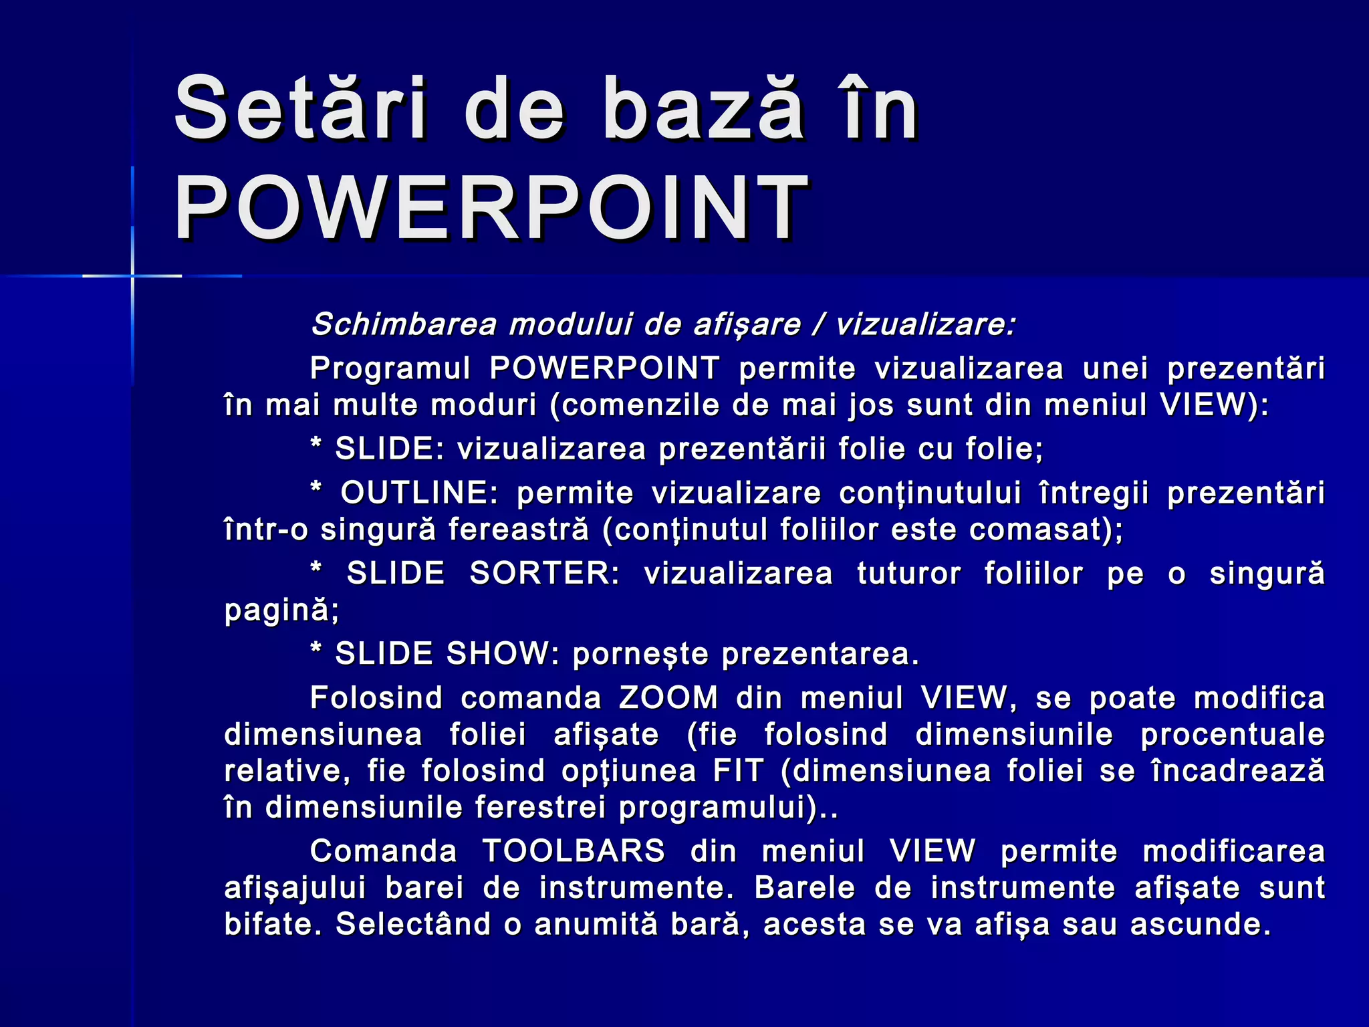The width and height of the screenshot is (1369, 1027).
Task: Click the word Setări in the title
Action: tap(300, 108)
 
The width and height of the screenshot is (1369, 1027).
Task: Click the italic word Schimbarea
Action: tap(404, 325)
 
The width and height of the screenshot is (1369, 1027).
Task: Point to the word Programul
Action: tap(390, 368)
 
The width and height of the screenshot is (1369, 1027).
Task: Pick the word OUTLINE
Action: tap(419, 493)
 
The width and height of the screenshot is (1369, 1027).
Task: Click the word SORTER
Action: tap(545, 574)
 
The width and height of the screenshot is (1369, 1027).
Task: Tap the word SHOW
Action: tap(497, 654)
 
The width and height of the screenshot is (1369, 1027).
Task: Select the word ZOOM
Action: tap(668, 698)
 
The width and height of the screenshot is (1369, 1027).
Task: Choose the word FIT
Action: tap(738, 771)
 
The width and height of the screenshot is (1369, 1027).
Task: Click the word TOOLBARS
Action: tap(574, 852)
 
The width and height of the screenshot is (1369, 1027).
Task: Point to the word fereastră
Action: tap(519, 530)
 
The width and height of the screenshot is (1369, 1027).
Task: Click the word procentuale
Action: tap(1233, 735)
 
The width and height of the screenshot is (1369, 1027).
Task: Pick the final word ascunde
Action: tap(1199, 925)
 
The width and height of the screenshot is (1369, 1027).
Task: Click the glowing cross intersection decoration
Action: tap(132, 275)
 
